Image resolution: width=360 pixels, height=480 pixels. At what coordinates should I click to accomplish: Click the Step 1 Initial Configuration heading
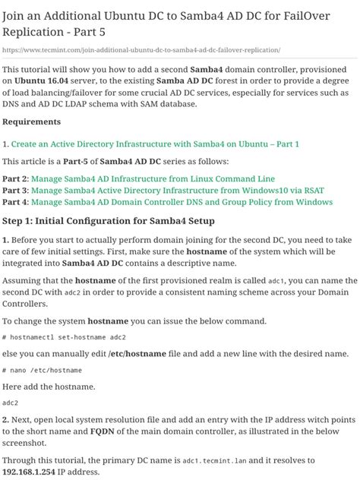click(x=109, y=221)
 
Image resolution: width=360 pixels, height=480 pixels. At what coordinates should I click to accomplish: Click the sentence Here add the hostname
click(x=46, y=387)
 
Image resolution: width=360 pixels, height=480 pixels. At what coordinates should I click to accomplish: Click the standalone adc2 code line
click(x=11, y=403)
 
